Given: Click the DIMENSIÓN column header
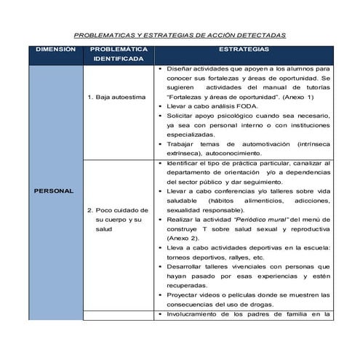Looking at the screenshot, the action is [55, 50].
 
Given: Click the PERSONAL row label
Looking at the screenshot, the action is [55, 191].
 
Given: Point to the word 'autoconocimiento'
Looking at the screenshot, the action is [223, 153].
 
